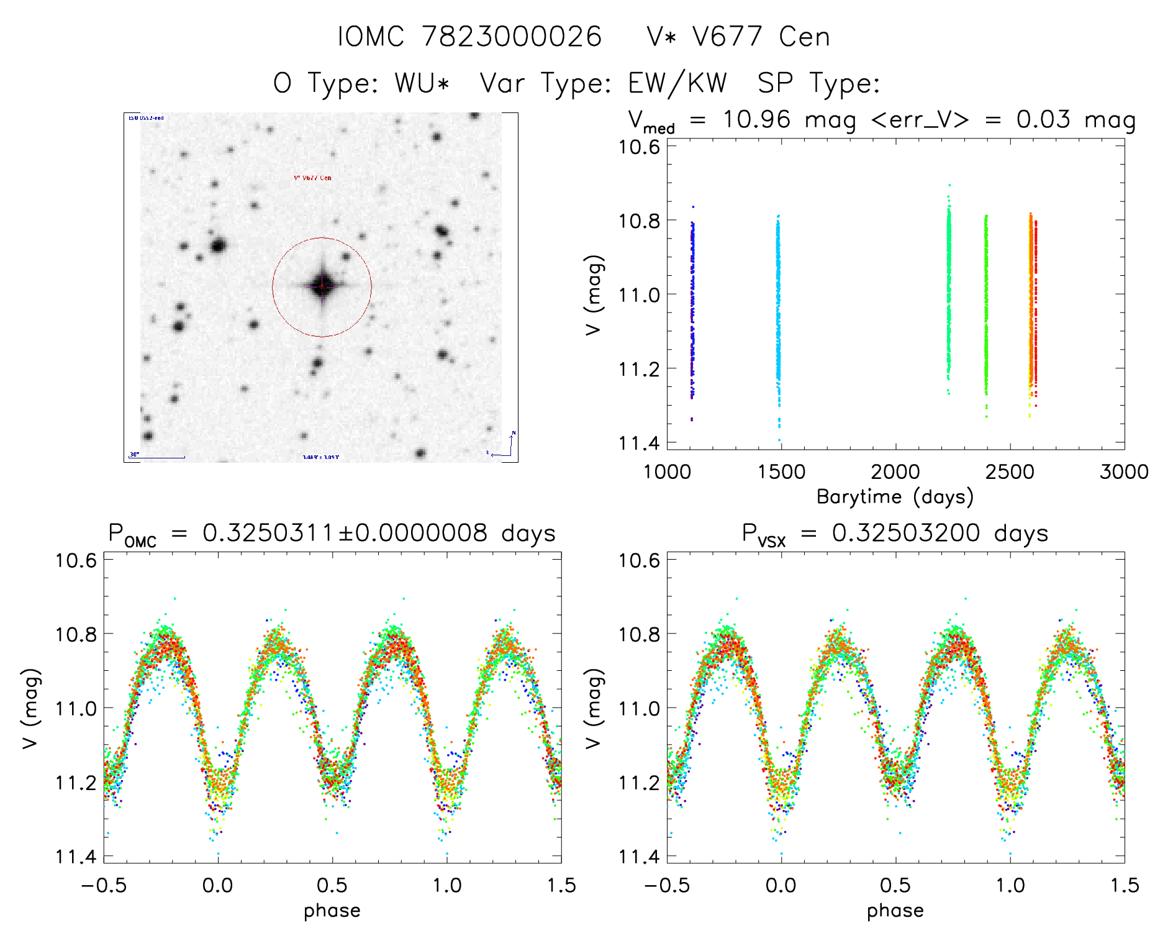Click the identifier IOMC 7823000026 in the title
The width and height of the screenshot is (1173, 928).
point(470,37)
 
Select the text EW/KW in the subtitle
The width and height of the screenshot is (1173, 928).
point(677,83)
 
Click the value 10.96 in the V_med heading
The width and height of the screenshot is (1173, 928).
point(756,119)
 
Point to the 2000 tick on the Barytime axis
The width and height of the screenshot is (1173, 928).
point(895,472)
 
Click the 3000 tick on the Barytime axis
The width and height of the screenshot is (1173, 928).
point(1123,472)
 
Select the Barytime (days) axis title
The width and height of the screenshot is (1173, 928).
point(895,497)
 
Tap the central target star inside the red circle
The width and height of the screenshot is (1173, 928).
point(322,286)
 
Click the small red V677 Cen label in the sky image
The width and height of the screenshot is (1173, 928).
point(312,178)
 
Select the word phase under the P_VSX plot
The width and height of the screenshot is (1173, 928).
point(895,911)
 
